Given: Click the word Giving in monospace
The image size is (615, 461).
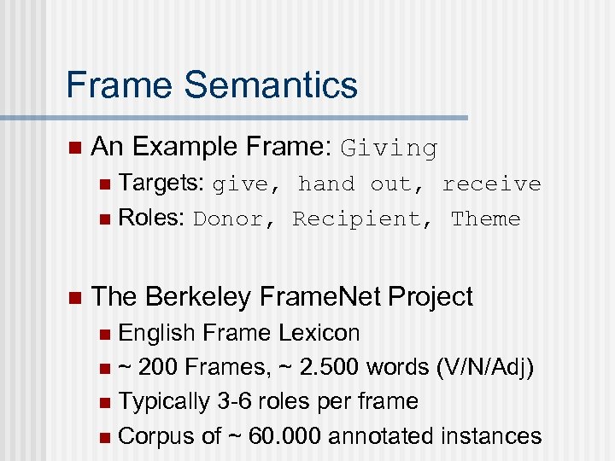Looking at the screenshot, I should (389, 149).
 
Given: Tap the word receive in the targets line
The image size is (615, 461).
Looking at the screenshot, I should (491, 184).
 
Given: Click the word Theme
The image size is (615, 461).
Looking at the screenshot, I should (485, 219).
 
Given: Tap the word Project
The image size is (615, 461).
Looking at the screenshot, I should (430, 297).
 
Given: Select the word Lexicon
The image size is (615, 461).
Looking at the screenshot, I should (321, 333).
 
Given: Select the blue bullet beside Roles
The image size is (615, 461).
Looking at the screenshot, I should (104, 219).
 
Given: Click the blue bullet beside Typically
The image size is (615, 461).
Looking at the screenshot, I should (104, 402).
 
